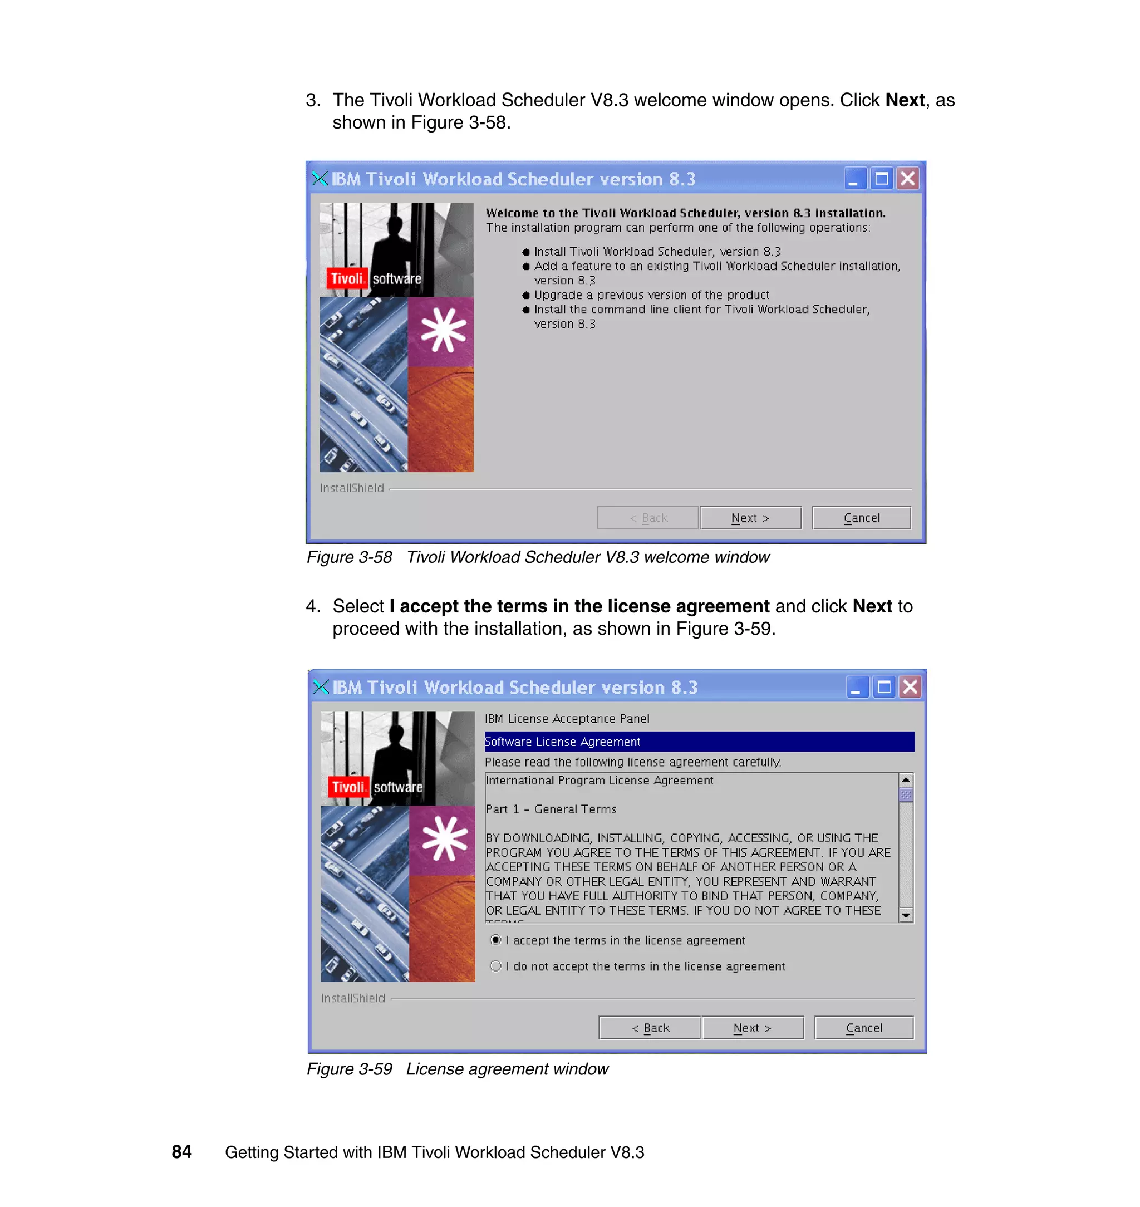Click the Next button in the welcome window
pos(750,518)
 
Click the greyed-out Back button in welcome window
pos(648,518)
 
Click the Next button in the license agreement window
pos(753,1028)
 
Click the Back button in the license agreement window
pos(650,1028)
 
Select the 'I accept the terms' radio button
pos(496,940)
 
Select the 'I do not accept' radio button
pos(496,966)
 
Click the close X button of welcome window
pos(907,179)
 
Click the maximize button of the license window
pos(884,688)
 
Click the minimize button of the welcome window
pos(854,179)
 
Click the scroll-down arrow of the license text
pos(906,915)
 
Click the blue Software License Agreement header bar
pos(699,742)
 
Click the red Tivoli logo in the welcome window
pos(347,278)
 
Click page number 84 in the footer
pos(181,1152)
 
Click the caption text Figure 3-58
pos(350,557)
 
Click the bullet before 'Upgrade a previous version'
pos(526,296)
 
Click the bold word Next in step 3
pos(905,100)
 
